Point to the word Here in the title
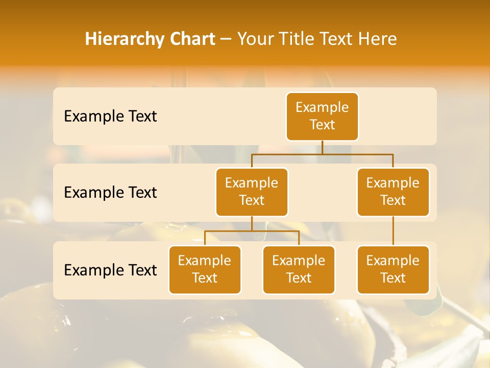click(x=378, y=39)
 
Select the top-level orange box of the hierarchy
click(x=322, y=116)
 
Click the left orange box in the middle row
click(x=252, y=192)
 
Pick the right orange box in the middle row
click(x=393, y=192)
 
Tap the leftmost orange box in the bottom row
click(x=205, y=269)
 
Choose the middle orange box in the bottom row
click(x=299, y=269)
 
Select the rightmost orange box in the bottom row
click(x=393, y=269)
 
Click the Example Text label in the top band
click(x=110, y=117)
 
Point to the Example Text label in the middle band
click(x=110, y=193)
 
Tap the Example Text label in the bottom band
click(x=110, y=270)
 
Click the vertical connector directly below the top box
click(x=322, y=147)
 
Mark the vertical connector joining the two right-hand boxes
click(x=393, y=231)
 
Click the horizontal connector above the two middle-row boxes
click(x=322, y=154)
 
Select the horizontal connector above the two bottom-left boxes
click(x=252, y=231)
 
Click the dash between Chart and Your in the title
click(x=226, y=39)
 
